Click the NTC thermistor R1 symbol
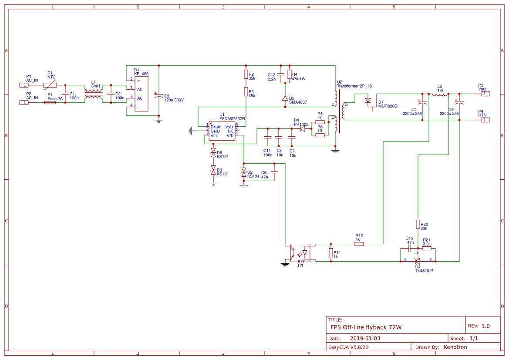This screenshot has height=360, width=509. coord(50,85)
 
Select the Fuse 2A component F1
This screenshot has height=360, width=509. coord(50,102)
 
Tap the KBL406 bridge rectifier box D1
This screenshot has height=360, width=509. coord(141,94)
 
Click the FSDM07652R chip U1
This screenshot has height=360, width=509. coord(222,131)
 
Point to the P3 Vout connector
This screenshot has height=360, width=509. coord(485,94)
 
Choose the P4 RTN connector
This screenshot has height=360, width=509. coord(485,120)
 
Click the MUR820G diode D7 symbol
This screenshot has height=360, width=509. coord(368,101)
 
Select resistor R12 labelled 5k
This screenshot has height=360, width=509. coord(359,244)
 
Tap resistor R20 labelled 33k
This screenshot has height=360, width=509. coord(418,224)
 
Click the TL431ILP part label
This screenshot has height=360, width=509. coord(424,270)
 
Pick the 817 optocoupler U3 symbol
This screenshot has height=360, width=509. coord(300,252)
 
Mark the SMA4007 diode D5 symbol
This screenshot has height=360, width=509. coord(285,98)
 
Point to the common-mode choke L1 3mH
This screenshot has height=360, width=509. coord(93,94)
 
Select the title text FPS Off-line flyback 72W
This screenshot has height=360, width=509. coord(366,327)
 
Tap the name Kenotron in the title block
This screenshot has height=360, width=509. coord(455,347)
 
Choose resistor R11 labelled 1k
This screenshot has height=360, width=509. coord(330,253)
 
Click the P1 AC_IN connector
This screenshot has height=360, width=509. coord(25,85)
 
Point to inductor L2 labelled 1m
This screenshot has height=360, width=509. coord(439,94)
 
